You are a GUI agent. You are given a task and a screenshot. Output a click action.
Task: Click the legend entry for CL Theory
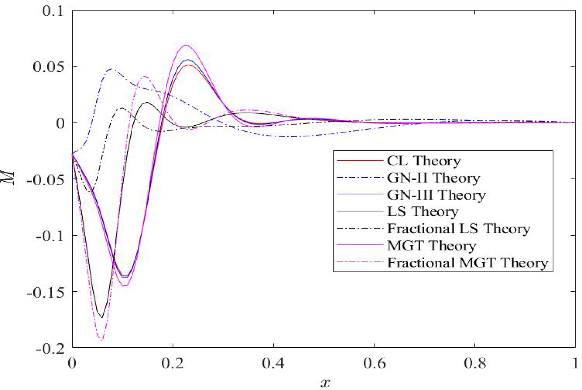pyautogui.click(x=424, y=161)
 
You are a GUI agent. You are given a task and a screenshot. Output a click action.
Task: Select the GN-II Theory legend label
pyautogui.click(x=433, y=178)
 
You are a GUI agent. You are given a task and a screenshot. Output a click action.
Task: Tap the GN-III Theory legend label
pyautogui.click(x=436, y=195)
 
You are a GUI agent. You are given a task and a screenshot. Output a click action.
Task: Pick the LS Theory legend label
pyautogui.click(x=423, y=212)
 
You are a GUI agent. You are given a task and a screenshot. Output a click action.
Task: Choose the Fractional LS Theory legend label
pyautogui.click(x=459, y=229)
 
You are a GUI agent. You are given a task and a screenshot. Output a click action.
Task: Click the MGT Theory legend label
pyautogui.click(x=431, y=246)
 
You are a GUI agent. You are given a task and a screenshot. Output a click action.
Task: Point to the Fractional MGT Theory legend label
pyautogui.click(x=467, y=263)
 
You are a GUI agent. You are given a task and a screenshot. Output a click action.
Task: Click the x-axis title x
pyautogui.click(x=325, y=382)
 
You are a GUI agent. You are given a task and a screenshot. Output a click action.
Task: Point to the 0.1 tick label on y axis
pyautogui.click(x=52, y=11)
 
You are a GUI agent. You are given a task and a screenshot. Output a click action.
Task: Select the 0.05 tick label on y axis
pyautogui.click(x=48, y=67)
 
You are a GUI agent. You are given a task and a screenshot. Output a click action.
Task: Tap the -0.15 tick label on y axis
pyautogui.click(x=45, y=292)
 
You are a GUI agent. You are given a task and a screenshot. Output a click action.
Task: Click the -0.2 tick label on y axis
pyautogui.click(x=49, y=348)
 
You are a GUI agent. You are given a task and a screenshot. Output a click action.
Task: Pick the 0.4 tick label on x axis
pyautogui.click(x=274, y=363)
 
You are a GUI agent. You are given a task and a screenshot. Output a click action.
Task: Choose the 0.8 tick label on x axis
pyautogui.click(x=475, y=363)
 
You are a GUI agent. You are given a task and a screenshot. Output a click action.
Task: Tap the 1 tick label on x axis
pyautogui.click(x=575, y=363)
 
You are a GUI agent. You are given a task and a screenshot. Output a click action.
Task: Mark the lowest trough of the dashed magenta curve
pyautogui.click(x=102, y=340)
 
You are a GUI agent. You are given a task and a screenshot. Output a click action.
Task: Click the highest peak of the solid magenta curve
pyautogui.click(x=186, y=45)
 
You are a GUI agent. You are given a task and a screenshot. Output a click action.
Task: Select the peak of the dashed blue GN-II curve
pyautogui.click(x=112, y=69)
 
